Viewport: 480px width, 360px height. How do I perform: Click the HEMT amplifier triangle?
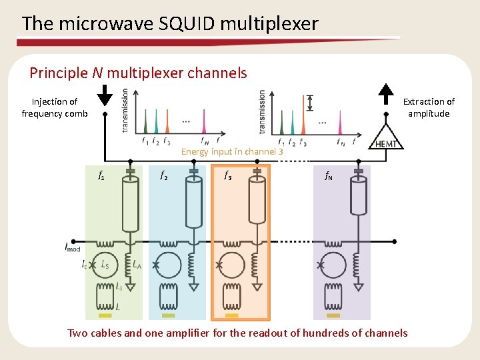pos(387,139)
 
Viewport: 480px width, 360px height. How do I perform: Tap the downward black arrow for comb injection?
pos(105,97)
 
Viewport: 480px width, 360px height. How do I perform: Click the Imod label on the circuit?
pos(73,248)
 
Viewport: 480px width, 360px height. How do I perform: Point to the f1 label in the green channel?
pos(101,177)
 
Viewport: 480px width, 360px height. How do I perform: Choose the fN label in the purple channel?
pos(329,177)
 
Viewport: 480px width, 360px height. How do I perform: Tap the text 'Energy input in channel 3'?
pos(232,151)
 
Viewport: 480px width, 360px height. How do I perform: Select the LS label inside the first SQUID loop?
pos(105,265)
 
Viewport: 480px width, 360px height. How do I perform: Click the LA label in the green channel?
pos(137,264)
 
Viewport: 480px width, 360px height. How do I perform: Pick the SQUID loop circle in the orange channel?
pos(233,265)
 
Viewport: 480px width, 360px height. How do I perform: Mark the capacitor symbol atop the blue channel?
pos(194,171)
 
